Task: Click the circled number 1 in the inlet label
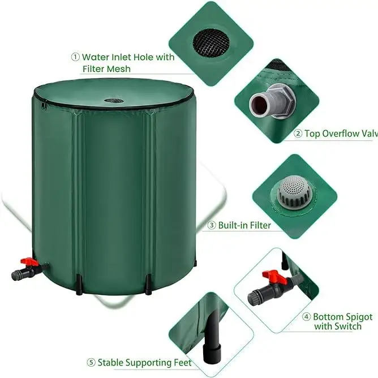(75, 57)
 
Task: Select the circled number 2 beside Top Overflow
(298, 134)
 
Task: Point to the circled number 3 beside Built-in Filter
(212, 225)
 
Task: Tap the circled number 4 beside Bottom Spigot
(306, 317)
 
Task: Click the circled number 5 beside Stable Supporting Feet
(91, 362)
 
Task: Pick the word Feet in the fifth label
(179, 362)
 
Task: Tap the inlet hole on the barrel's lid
(115, 101)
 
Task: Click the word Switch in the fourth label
(349, 328)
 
